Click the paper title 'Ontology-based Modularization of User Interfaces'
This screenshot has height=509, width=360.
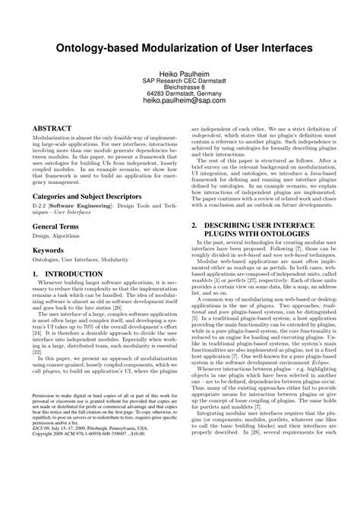179,48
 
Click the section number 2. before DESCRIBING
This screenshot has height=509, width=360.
194,205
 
